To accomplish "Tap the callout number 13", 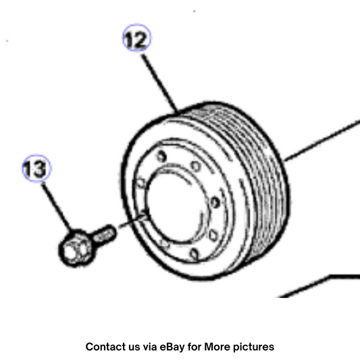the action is [x=36, y=169].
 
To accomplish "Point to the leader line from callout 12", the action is [x=160, y=84].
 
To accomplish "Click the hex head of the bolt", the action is [x=75, y=249].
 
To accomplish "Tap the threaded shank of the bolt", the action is [x=104, y=235].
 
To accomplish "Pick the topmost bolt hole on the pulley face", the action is [x=161, y=157].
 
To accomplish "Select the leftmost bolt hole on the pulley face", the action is [x=141, y=183].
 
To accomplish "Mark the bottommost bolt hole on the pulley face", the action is [x=195, y=255].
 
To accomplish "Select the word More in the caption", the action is [x=217, y=346].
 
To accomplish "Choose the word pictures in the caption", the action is [x=253, y=347].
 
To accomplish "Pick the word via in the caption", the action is [x=150, y=346].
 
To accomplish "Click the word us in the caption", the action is [x=135, y=348].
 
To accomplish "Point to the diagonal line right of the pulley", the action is [x=322, y=140].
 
